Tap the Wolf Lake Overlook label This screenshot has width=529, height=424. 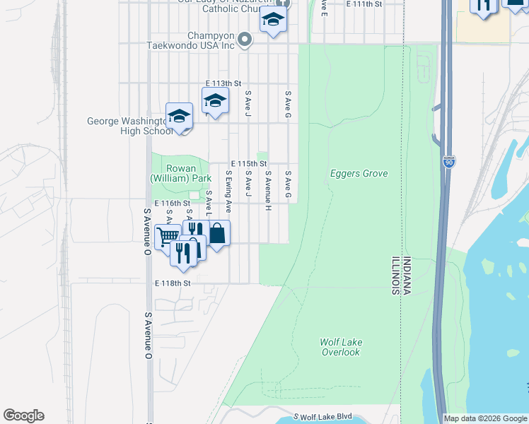342,347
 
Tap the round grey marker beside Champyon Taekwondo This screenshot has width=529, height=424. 245,40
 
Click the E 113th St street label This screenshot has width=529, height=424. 223,83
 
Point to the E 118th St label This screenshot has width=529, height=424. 173,283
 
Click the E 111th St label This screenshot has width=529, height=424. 364,4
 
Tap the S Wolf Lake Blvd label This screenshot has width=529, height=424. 322,417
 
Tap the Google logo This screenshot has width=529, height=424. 23,416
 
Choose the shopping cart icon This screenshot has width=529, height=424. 167,235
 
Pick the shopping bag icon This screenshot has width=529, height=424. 218,232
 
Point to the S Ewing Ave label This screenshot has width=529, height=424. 228,192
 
